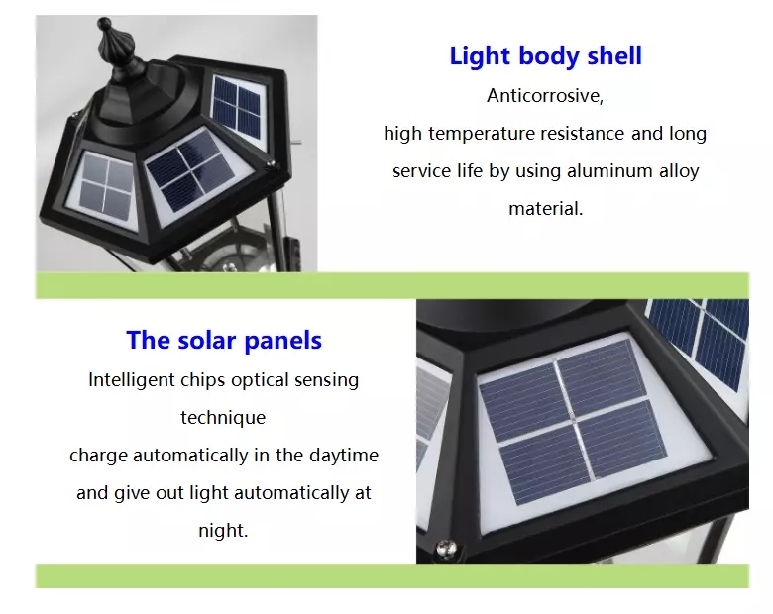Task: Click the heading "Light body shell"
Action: click(x=545, y=55)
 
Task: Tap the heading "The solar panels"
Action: click(x=224, y=340)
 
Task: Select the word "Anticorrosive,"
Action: click(x=545, y=96)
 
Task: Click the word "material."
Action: click(x=545, y=208)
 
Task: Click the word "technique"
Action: click(x=223, y=418)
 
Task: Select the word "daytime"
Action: click(x=344, y=455)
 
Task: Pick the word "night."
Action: click(x=223, y=530)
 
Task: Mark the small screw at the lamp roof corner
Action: click(x=271, y=165)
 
